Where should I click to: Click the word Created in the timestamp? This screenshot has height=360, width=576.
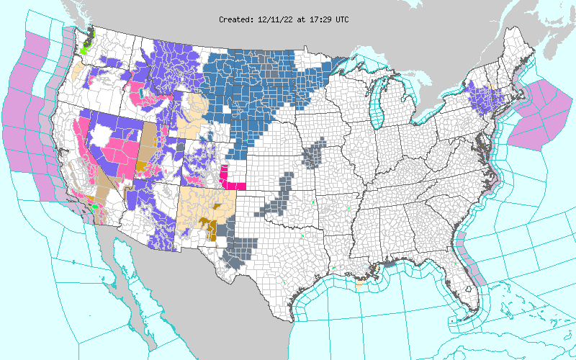pos(235,19)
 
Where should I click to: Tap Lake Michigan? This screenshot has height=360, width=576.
pos(375,108)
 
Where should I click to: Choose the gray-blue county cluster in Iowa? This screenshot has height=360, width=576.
pos(314,154)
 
